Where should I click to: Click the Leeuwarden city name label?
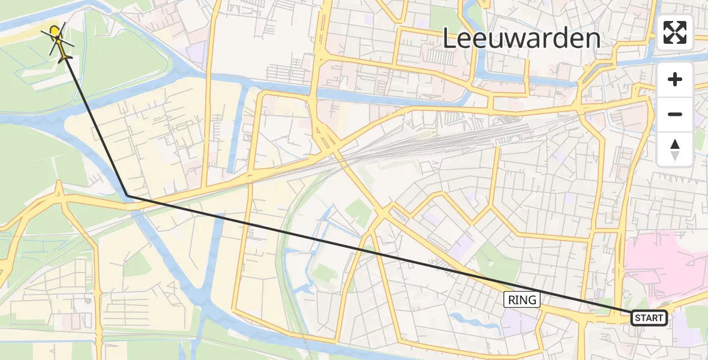521,39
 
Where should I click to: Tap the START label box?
649,318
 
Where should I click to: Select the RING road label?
522,300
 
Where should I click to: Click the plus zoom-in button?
675,80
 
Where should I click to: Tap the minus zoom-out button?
675,114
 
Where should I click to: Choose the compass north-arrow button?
675,149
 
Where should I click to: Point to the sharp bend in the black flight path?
128,196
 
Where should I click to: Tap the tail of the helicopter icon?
65,57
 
